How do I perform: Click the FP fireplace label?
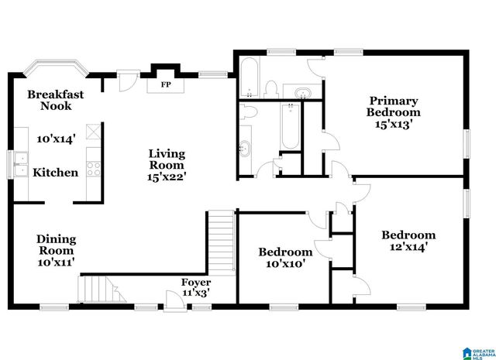pyautogui.click(x=165, y=84)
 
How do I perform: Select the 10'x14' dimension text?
pyautogui.click(x=56, y=139)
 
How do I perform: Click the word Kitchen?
pyautogui.click(x=56, y=173)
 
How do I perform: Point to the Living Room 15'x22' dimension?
pyautogui.click(x=167, y=177)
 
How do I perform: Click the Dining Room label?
pyautogui.click(x=56, y=245)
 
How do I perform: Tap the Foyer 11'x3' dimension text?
pyautogui.click(x=195, y=293)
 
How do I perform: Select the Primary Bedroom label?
pyautogui.click(x=393, y=106)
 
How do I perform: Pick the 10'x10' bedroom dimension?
pyautogui.click(x=285, y=264)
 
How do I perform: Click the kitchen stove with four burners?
pyautogui.click(x=94, y=168)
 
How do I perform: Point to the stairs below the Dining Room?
pyautogui.click(x=102, y=291)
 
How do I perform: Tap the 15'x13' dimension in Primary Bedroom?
pyautogui.click(x=394, y=123)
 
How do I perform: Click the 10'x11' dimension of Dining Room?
pyautogui.click(x=56, y=263)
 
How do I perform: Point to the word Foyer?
pyautogui.click(x=195, y=283)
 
